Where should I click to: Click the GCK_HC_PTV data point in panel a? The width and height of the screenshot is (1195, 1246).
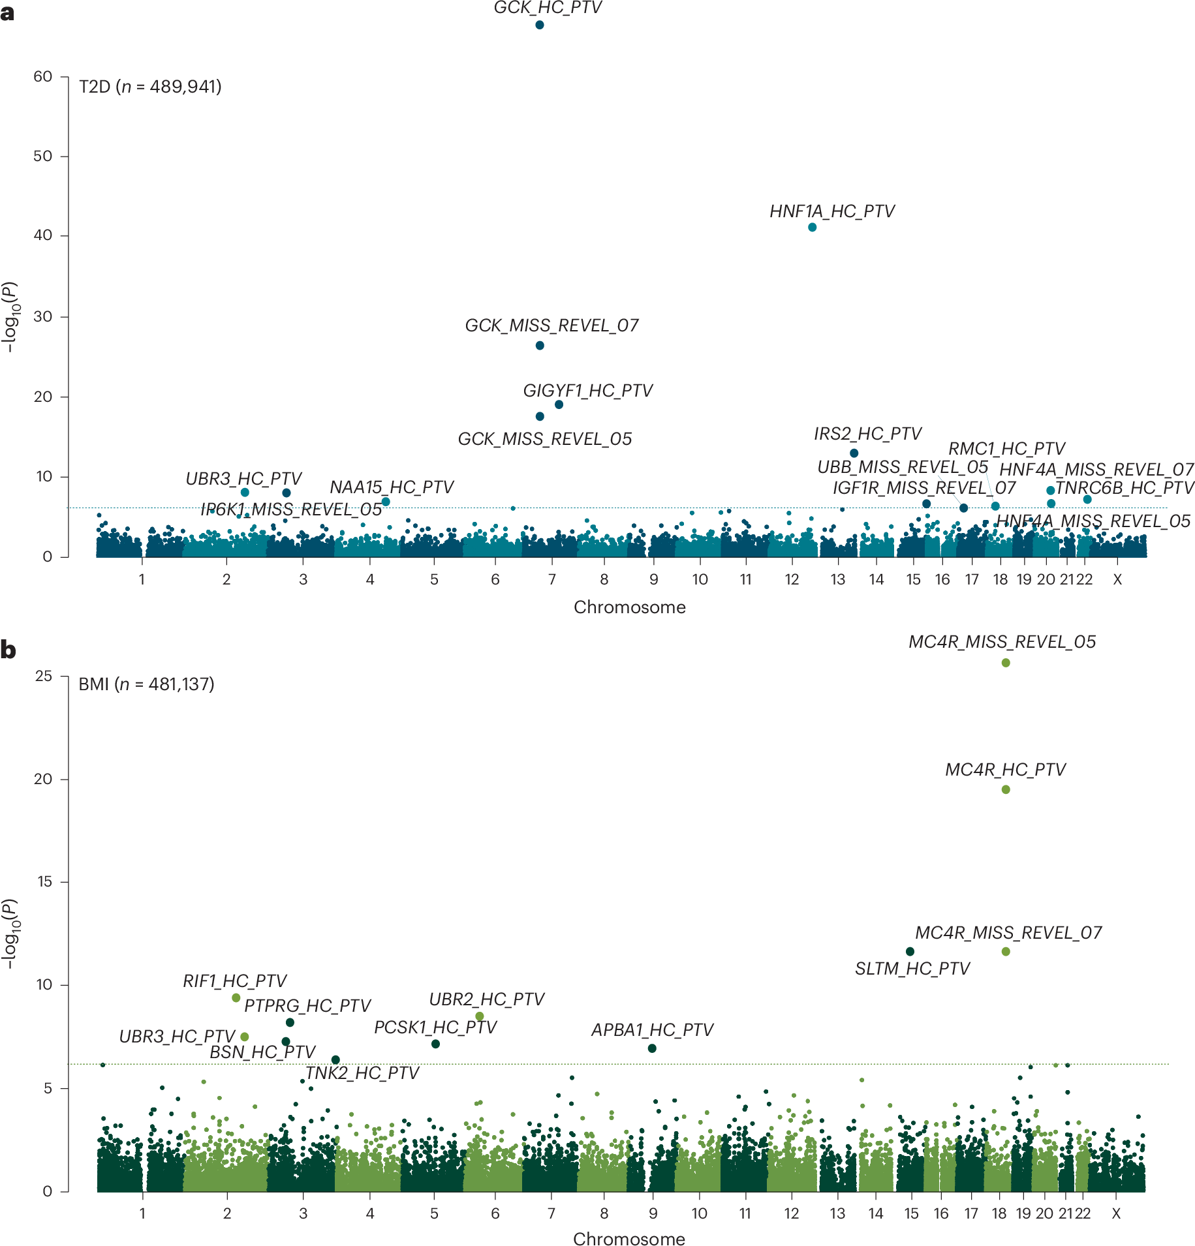click(540, 25)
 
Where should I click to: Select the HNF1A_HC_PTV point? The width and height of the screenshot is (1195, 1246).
click(812, 227)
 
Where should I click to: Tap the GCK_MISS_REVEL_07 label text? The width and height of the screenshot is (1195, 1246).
click(551, 326)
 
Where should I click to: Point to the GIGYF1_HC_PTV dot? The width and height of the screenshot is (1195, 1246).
click(559, 404)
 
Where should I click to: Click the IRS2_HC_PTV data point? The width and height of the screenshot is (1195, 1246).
click(854, 453)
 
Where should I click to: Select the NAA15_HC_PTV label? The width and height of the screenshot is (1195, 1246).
click(391, 487)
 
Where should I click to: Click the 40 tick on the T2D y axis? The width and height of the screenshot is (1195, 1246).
click(43, 235)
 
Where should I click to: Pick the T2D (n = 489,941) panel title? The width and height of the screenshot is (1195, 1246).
click(150, 86)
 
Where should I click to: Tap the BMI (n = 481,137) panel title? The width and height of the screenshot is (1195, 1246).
click(146, 684)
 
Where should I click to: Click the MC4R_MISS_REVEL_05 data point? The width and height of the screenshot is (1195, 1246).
click(1006, 663)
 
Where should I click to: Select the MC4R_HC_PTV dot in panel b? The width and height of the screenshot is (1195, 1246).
click(1006, 789)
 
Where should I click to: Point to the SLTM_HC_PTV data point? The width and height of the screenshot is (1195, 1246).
click(910, 951)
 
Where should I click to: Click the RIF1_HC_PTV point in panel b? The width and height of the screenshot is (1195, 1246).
click(236, 997)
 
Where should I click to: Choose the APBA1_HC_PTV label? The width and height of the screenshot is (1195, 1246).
click(652, 1029)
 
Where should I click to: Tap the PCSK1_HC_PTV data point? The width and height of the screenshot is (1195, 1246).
click(435, 1044)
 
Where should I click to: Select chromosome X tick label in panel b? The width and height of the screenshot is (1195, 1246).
click(1116, 1213)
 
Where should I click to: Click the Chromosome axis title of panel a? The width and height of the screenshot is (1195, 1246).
click(629, 607)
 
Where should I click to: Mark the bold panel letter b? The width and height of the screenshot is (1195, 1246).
click(8, 650)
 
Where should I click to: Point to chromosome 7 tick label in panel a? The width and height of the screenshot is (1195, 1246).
click(552, 579)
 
